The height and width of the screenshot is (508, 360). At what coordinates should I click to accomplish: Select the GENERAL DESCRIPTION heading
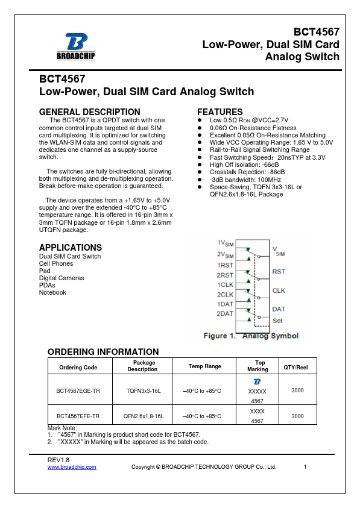(89, 112)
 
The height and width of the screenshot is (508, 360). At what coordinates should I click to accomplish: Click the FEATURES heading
(219, 112)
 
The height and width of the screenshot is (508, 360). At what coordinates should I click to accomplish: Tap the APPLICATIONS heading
(70, 248)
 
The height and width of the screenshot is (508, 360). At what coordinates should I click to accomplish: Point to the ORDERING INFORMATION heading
(103, 352)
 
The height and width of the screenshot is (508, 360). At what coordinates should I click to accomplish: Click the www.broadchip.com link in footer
(72, 467)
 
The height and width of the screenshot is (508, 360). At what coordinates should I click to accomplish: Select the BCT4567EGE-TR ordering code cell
(78, 391)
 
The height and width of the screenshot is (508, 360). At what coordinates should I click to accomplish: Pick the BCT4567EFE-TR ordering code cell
(78, 416)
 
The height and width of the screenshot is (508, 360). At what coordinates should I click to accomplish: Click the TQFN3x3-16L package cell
(144, 391)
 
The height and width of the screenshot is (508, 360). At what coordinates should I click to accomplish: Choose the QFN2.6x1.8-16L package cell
(144, 416)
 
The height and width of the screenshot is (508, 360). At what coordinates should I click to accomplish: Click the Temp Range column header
(205, 366)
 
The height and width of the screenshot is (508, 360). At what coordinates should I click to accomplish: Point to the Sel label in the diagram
(277, 321)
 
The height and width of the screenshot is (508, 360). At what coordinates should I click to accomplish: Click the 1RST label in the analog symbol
(226, 265)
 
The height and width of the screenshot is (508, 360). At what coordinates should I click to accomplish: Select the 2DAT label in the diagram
(225, 313)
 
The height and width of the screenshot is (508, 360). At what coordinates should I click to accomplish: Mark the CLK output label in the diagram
(279, 290)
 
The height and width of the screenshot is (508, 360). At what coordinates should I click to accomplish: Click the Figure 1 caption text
(251, 336)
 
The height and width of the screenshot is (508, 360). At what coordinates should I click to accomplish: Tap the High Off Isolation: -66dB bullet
(244, 165)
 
